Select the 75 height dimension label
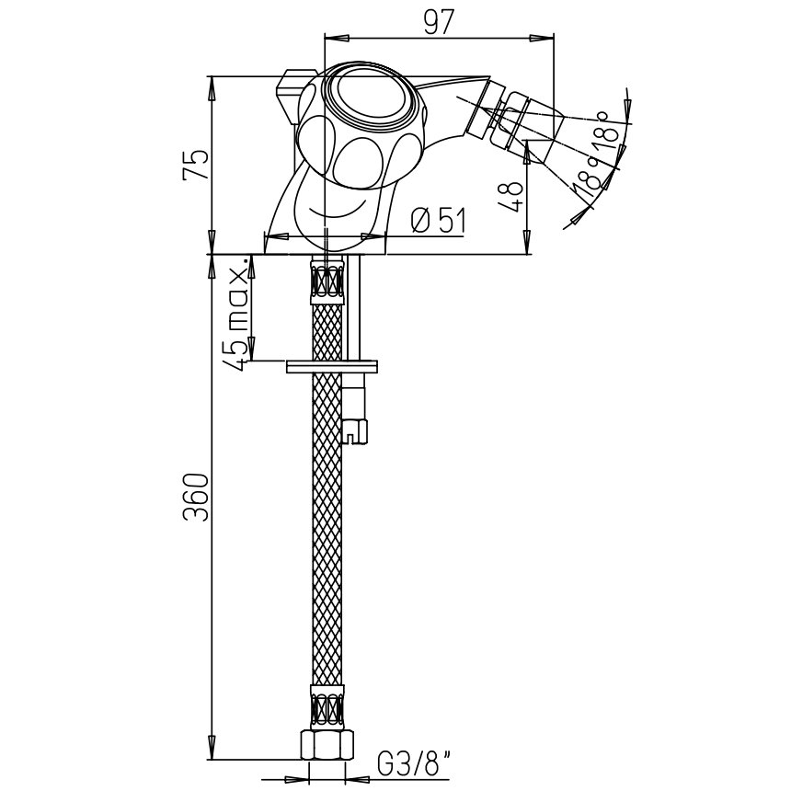(195, 164)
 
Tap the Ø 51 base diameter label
(439, 220)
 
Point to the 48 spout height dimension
(510, 196)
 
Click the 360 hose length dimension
(195, 497)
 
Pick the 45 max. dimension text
(236, 314)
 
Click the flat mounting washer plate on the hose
(331, 366)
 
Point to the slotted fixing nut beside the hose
(355, 430)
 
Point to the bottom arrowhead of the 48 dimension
(526, 242)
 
